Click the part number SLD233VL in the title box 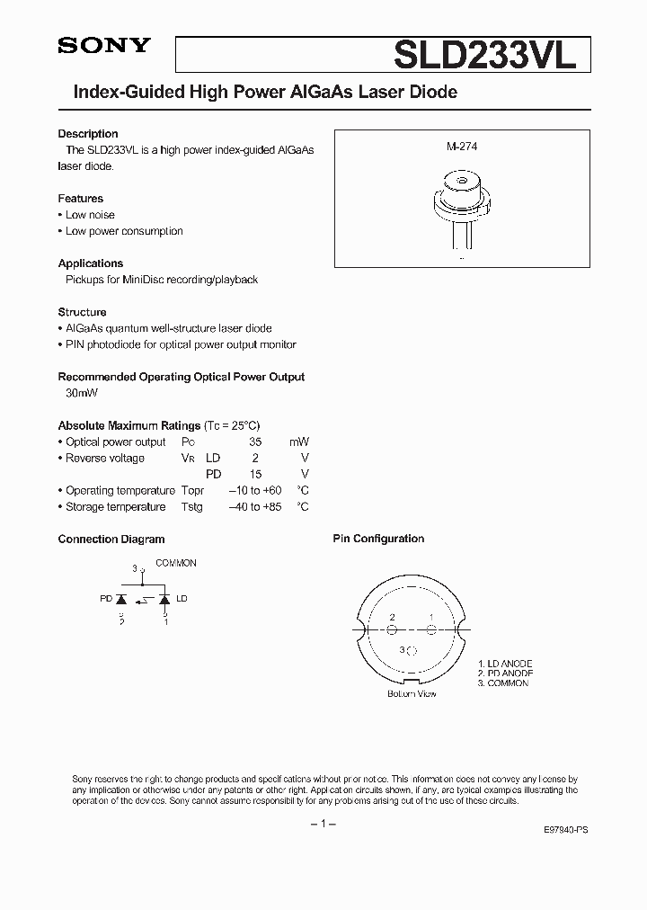click(x=492, y=55)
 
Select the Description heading click(x=88, y=134)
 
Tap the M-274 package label click(x=462, y=146)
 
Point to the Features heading click(x=81, y=199)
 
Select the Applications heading click(x=91, y=263)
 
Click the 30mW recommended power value click(x=82, y=394)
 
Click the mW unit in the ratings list click(x=298, y=442)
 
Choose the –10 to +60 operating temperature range click(x=254, y=491)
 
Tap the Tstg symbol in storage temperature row click(x=191, y=507)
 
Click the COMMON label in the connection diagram click(x=176, y=563)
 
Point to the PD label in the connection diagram click(x=106, y=599)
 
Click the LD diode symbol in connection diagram click(x=164, y=598)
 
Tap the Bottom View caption click(x=412, y=694)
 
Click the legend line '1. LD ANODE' click(x=505, y=663)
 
